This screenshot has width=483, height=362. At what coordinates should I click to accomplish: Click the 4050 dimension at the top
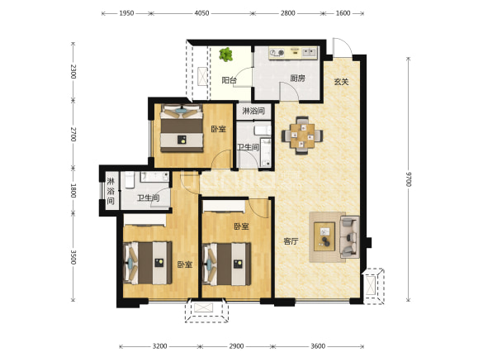tap(201, 13)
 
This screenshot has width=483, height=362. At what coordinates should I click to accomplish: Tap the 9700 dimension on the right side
tap(409, 179)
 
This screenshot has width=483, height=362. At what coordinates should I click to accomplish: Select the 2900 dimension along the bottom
tap(236, 346)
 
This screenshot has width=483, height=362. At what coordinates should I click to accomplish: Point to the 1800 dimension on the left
tap(73, 191)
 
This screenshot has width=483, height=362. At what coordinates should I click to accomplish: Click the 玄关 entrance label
tap(341, 82)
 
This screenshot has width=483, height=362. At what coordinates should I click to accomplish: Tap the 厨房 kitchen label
tap(297, 79)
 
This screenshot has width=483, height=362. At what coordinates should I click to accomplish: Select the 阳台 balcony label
tap(230, 80)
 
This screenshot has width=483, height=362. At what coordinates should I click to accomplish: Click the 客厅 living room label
tap(291, 241)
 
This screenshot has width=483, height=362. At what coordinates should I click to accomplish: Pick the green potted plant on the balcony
tap(225, 55)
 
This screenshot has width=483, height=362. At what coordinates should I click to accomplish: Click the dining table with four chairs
tap(302, 136)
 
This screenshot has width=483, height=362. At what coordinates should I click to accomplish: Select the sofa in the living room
tap(349, 237)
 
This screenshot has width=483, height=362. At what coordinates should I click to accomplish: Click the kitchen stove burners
tap(277, 53)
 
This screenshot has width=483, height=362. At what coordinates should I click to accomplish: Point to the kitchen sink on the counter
tap(309, 52)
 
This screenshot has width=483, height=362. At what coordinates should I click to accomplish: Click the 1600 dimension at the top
tap(343, 13)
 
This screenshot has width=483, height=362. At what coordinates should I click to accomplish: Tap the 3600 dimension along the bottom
tap(318, 346)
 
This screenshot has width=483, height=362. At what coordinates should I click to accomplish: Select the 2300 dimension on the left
tap(73, 71)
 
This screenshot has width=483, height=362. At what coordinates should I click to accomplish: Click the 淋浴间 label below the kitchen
tap(253, 111)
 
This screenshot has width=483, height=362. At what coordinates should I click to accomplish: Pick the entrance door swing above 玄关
tap(343, 47)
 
